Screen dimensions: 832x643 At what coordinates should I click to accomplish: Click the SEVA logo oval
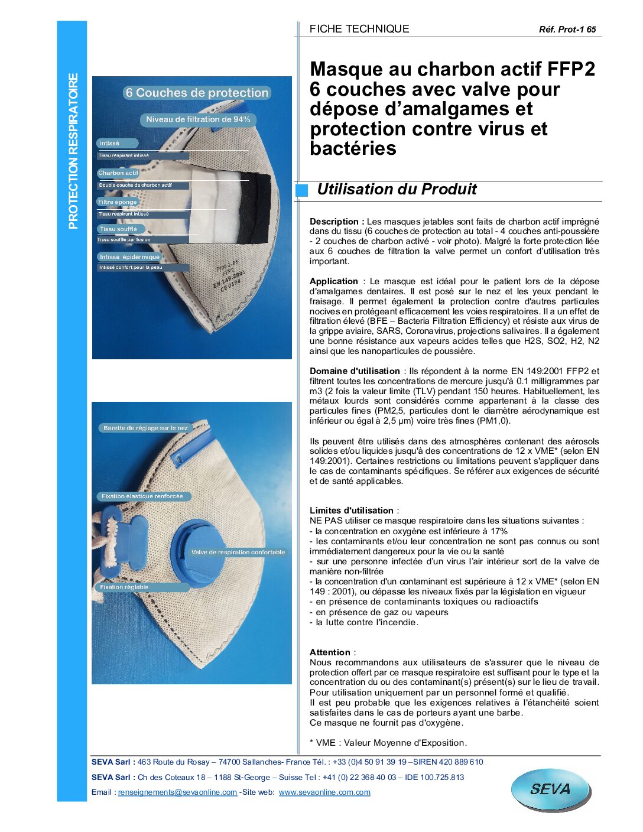[550, 789]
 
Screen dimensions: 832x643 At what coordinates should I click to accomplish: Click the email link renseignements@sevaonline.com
[177, 792]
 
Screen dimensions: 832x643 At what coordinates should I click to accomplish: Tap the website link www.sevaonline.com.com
[324, 792]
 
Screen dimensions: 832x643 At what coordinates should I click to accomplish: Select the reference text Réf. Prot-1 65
[567, 30]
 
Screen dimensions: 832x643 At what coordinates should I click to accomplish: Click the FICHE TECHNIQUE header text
[359, 29]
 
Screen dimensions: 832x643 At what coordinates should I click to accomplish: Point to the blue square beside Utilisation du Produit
[302, 190]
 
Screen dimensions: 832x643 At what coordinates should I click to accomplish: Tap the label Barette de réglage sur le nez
[145, 428]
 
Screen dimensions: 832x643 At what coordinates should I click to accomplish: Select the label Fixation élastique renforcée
[142, 496]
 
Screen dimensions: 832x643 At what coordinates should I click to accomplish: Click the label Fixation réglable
[125, 587]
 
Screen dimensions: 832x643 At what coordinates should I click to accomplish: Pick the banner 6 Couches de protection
[197, 93]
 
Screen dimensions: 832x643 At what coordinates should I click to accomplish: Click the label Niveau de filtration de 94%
[198, 119]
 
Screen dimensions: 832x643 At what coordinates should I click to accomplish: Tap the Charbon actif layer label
[118, 173]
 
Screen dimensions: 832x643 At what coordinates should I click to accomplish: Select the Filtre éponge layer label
[118, 202]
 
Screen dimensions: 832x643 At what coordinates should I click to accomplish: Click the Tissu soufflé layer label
[118, 229]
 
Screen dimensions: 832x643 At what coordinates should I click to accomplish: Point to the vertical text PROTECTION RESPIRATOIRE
[73, 151]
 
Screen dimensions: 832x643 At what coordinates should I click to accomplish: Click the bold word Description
[334, 222]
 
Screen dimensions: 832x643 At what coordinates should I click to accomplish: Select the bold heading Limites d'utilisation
[352, 511]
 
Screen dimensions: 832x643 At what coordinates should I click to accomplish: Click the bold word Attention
[330, 652]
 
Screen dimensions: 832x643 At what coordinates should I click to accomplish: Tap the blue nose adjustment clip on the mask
[192, 448]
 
